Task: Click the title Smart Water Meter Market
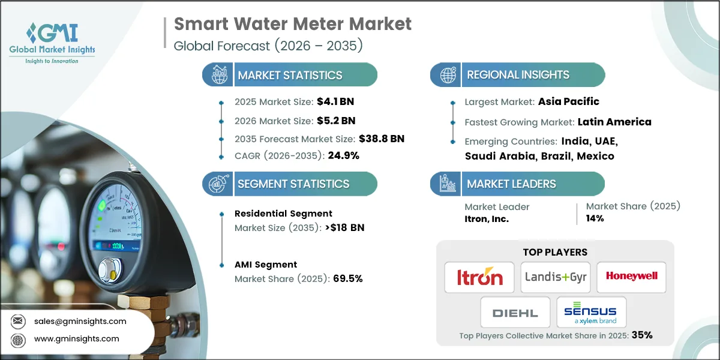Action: pyautogui.click(x=293, y=24)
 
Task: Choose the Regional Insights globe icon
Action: pyautogui.click(x=446, y=75)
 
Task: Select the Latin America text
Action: pyautogui.click(x=614, y=122)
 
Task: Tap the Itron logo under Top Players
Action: pyautogui.click(x=479, y=277)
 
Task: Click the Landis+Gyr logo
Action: pyautogui.click(x=555, y=277)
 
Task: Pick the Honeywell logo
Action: pyautogui.click(x=631, y=277)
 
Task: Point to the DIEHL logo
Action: pyautogui.click(x=515, y=313)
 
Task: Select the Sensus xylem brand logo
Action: pyautogui.click(x=591, y=313)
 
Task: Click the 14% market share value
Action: pyautogui.click(x=595, y=219)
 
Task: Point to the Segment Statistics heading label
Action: pyautogui.click(x=293, y=184)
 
